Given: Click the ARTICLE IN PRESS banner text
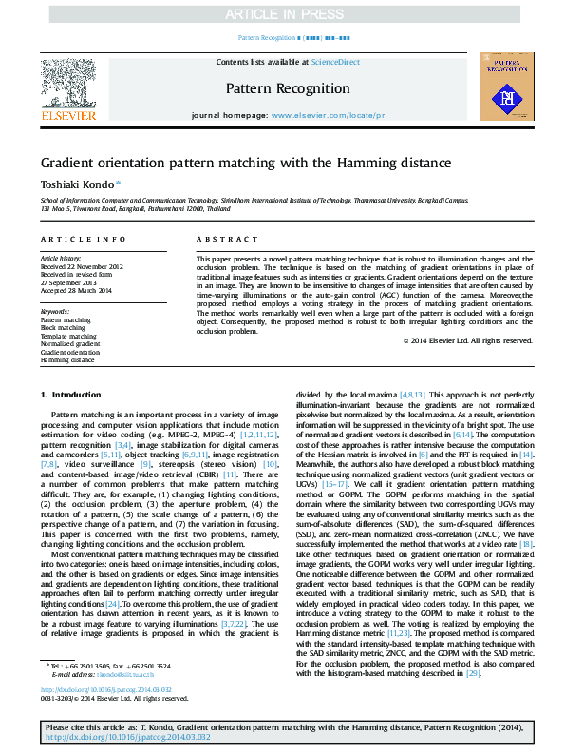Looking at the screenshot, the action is pyautogui.click(x=282, y=14).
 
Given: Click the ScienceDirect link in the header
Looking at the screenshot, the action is pyautogui.click(x=335, y=62).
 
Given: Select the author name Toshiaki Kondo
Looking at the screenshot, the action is pyautogui.click(x=79, y=184).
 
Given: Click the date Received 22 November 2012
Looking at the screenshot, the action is pyautogui.click(x=82, y=267).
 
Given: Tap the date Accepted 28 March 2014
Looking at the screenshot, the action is pyautogui.click(x=76, y=290).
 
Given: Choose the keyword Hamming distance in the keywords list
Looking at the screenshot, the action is pyautogui.click(x=67, y=360).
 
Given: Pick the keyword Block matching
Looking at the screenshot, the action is pyautogui.click(x=63, y=329).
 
